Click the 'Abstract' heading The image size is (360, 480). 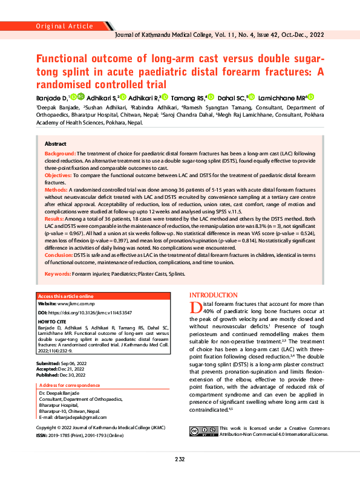[56, 144]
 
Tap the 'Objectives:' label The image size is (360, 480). [59, 175]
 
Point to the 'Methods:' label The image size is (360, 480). [57, 189]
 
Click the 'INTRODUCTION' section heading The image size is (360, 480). [214, 294]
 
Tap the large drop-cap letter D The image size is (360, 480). [195, 308]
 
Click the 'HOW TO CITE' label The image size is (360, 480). [52, 322]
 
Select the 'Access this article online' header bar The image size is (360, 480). [67, 296]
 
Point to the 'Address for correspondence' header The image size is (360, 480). [69, 385]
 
